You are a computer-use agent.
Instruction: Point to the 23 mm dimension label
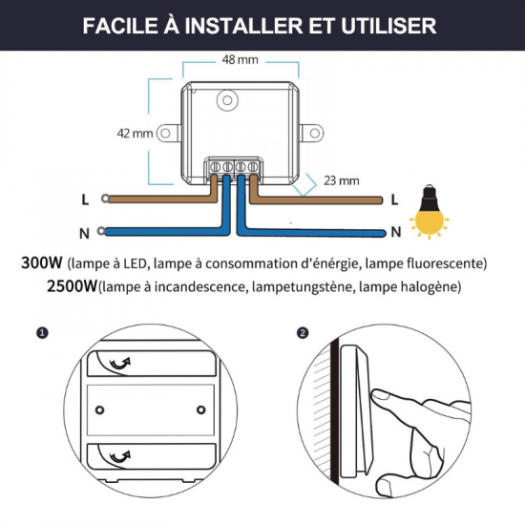click(341, 178)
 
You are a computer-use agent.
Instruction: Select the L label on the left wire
click(86, 199)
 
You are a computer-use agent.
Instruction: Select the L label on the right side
click(394, 199)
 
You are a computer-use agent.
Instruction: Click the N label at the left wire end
click(86, 232)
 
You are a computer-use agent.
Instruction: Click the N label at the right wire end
click(394, 232)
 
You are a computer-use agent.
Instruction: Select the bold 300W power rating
click(42, 262)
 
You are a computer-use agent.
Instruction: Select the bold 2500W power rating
click(47, 285)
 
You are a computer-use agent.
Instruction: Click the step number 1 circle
click(40, 334)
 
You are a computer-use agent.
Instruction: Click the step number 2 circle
click(303, 334)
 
